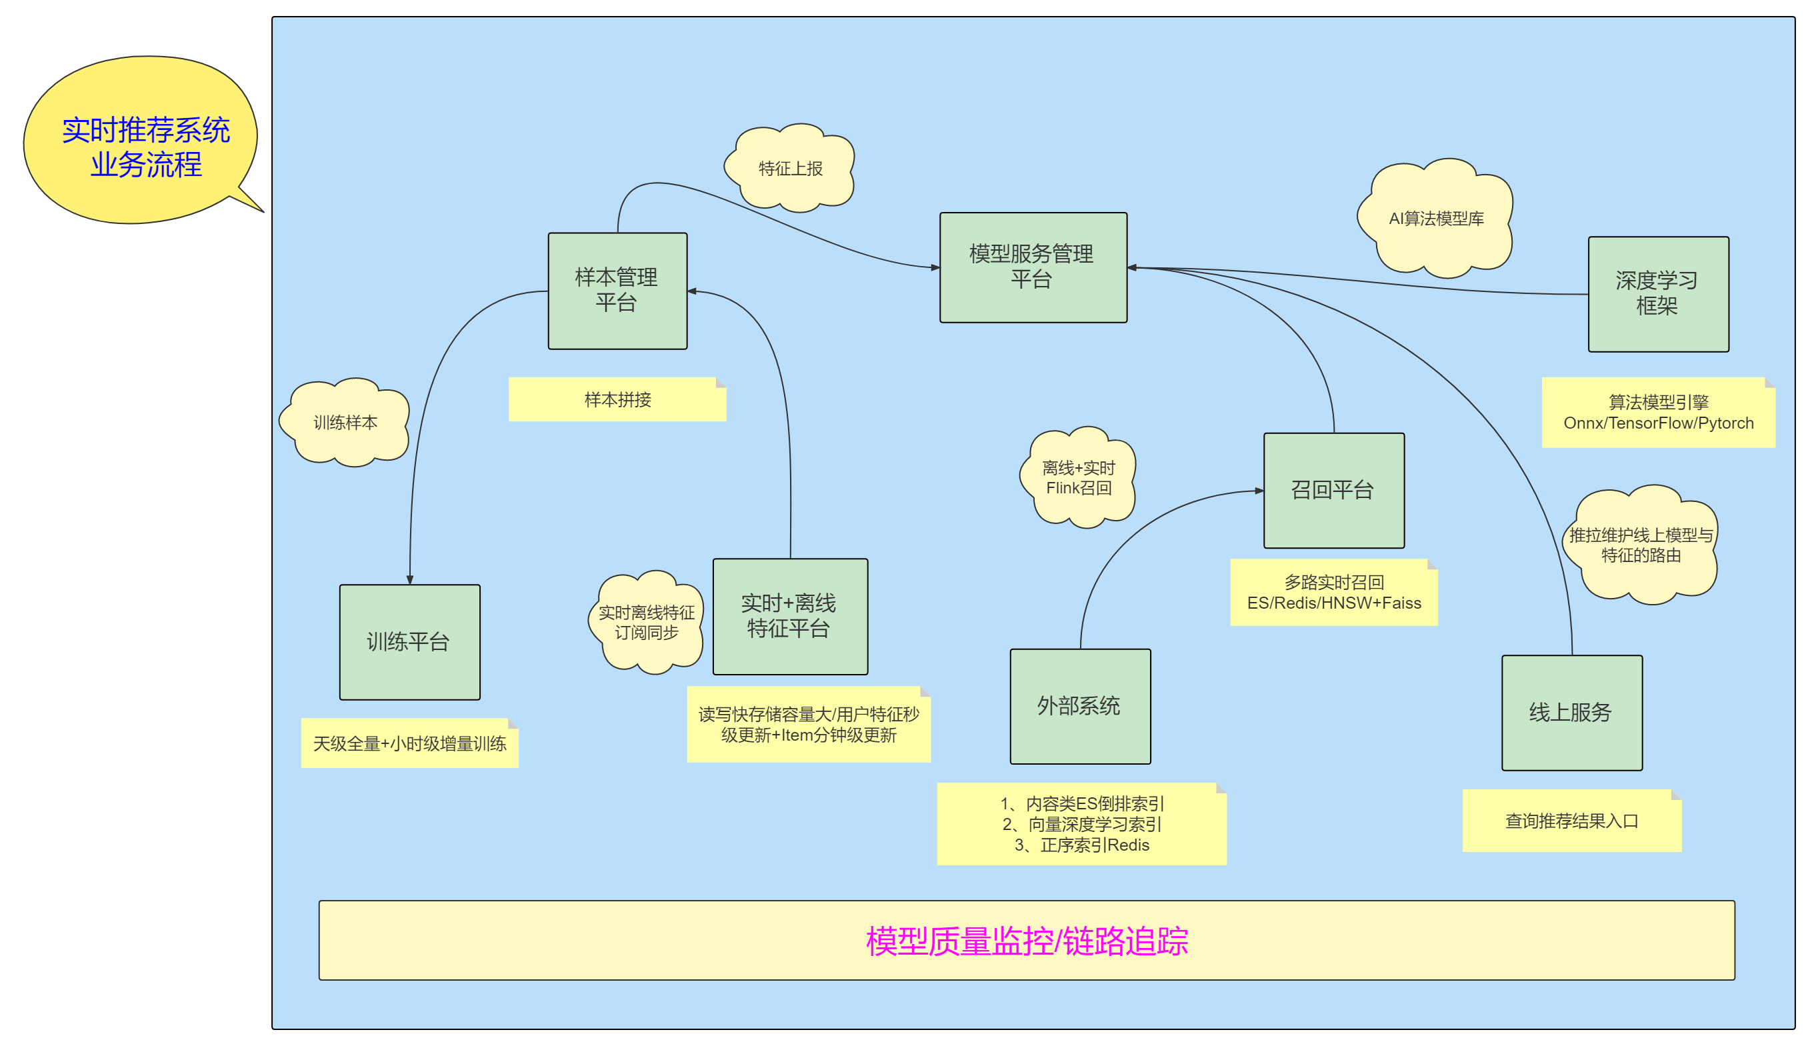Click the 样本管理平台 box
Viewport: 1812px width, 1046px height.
pos(617,290)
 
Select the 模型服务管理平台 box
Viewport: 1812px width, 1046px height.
pos(1033,267)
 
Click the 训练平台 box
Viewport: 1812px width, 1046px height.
pos(409,641)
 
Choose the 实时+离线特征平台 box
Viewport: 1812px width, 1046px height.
pos(789,616)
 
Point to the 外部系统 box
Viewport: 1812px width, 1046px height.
pos(1079,705)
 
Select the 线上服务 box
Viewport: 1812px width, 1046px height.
pos(1571,712)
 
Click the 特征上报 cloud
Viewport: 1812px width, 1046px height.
pos(790,168)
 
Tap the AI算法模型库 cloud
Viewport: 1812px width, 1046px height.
pos(1436,219)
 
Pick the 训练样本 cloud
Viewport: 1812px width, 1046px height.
pos(345,423)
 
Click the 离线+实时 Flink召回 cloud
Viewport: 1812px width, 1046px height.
pos(1078,478)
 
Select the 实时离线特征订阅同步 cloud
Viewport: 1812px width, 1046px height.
pos(647,622)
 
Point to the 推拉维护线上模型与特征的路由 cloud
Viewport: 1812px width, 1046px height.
pos(1641,545)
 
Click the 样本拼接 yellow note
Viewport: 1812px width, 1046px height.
pos(617,399)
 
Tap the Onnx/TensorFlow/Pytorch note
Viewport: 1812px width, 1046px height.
pos(1657,413)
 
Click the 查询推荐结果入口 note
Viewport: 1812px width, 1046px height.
pos(1571,821)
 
